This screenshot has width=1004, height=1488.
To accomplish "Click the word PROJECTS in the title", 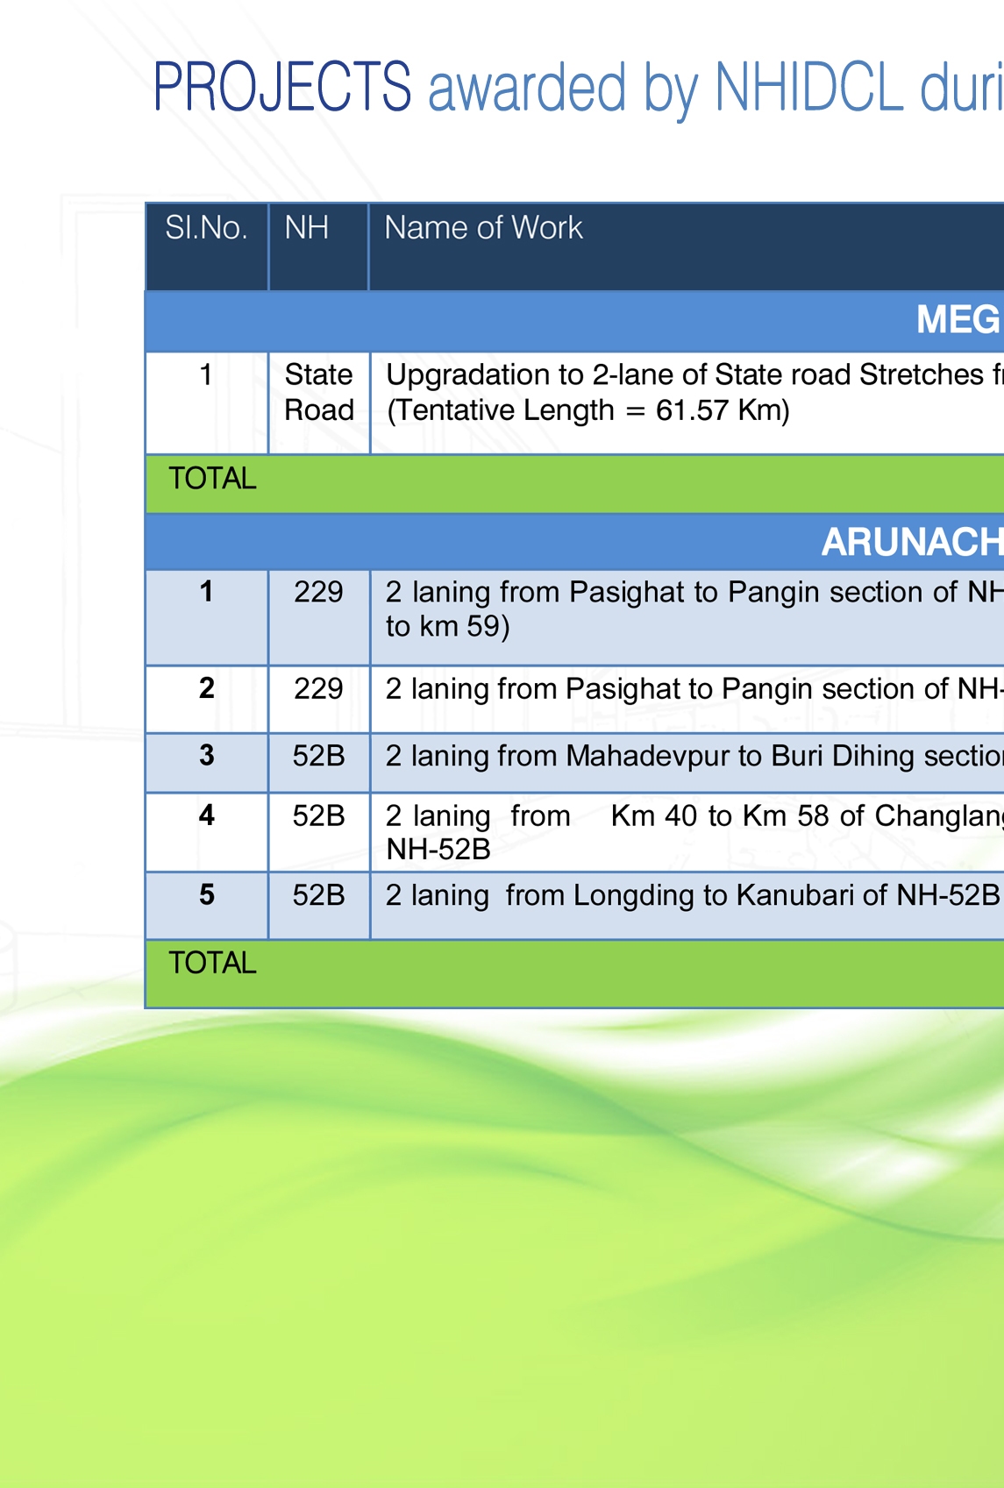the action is click(282, 86).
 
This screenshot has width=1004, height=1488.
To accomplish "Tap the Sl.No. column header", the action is click(206, 228).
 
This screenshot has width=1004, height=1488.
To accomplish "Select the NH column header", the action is click(306, 228).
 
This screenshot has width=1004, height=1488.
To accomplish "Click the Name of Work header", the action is click(483, 228).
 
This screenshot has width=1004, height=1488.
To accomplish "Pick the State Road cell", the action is click(319, 392).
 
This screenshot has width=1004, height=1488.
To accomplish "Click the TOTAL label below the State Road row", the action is click(212, 478).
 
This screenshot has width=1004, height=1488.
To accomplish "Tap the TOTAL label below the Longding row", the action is click(212, 963).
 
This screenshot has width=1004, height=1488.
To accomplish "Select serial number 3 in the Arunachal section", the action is click(207, 755).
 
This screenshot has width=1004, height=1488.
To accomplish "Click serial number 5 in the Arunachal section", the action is click(207, 894).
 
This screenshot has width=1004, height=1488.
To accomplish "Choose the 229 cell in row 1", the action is click(318, 592).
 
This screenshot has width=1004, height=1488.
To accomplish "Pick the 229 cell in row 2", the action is click(318, 689).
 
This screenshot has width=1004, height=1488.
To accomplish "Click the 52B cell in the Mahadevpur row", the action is click(318, 756).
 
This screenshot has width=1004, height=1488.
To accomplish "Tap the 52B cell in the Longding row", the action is click(318, 895).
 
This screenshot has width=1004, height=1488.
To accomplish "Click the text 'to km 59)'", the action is click(448, 626).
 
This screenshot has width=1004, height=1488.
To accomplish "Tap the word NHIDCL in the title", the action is click(808, 86).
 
